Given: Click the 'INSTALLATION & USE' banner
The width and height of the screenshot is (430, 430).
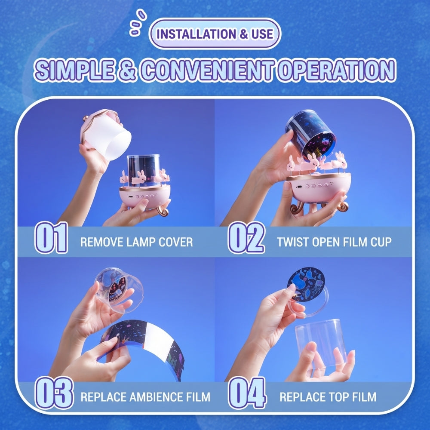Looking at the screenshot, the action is (215, 34).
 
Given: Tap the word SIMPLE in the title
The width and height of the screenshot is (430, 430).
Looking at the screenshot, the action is (74, 70).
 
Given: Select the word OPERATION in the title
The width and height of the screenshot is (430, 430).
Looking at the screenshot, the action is (336, 70).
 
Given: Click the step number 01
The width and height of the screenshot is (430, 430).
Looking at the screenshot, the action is (51, 237).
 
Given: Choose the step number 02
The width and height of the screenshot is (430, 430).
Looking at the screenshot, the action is (246, 237).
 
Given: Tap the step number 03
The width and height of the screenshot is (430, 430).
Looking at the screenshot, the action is (54, 393).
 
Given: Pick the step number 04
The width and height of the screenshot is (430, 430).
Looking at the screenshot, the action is (247, 393).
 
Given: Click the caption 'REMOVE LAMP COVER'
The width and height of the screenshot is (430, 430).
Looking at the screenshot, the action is (137, 242).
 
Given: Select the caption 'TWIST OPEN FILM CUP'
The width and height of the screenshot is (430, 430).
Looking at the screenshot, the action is (334, 242).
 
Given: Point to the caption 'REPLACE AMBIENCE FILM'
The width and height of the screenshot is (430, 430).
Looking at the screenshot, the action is (145, 397).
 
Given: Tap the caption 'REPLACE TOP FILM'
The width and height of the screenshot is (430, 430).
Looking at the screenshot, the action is (328, 397).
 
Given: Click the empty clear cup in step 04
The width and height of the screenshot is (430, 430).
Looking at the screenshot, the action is (321, 343).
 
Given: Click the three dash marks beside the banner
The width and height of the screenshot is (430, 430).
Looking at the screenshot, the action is (138, 22).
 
